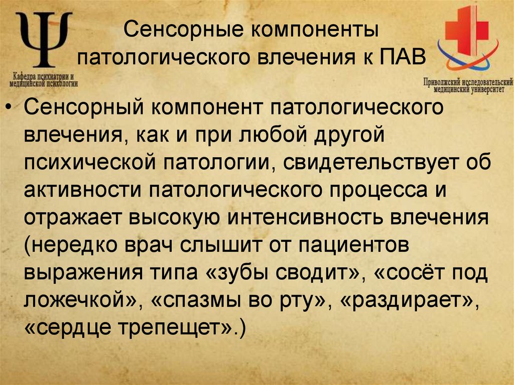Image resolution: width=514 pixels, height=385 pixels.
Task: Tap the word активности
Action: click(x=78, y=191)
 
